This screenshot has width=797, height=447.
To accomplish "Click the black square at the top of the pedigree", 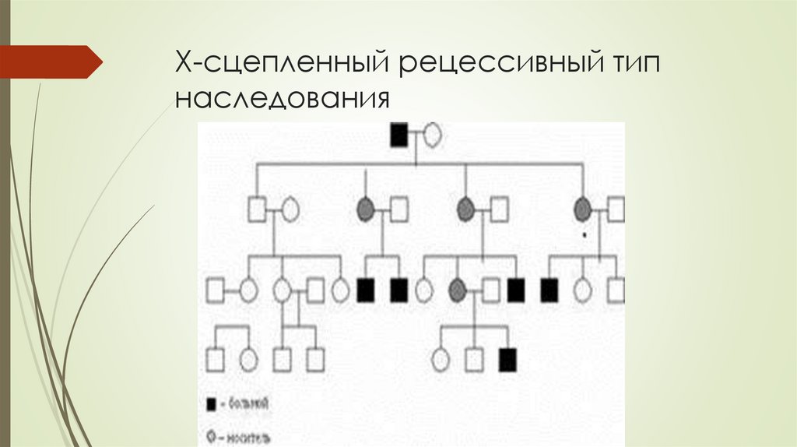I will (x=398, y=136).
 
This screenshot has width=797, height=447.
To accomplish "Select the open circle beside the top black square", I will (x=432, y=136).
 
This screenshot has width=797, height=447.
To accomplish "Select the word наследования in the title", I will (x=282, y=99).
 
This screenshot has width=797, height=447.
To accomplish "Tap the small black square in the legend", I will (x=209, y=403).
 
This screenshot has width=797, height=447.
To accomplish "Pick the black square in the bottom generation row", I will (x=507, y=359).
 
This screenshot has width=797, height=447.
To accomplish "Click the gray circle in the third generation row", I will (x=458, y=290).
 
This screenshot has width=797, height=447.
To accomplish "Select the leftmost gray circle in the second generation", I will (x=365, y=209).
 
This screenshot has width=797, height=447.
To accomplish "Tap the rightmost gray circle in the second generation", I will (x=582, y=209).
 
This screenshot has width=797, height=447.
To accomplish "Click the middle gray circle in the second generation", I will (x=465, y=209).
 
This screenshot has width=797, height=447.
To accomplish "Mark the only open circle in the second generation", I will (x=290, y=209).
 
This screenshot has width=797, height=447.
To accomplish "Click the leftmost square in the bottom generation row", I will (x=215, y=359).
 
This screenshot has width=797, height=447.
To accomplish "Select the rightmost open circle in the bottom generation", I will (x=441, y=359).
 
